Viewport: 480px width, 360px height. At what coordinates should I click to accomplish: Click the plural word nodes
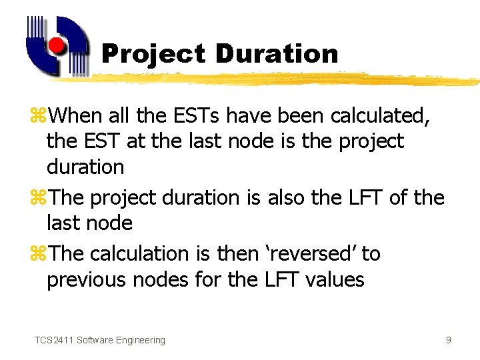click(x=164, y=279)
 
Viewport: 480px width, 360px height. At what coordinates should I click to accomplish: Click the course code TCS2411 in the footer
click(x=54, y=340)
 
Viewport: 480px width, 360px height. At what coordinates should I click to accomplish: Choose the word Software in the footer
click(x=94, y=340)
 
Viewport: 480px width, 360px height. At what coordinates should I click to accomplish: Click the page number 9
click(x=448, y=340)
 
